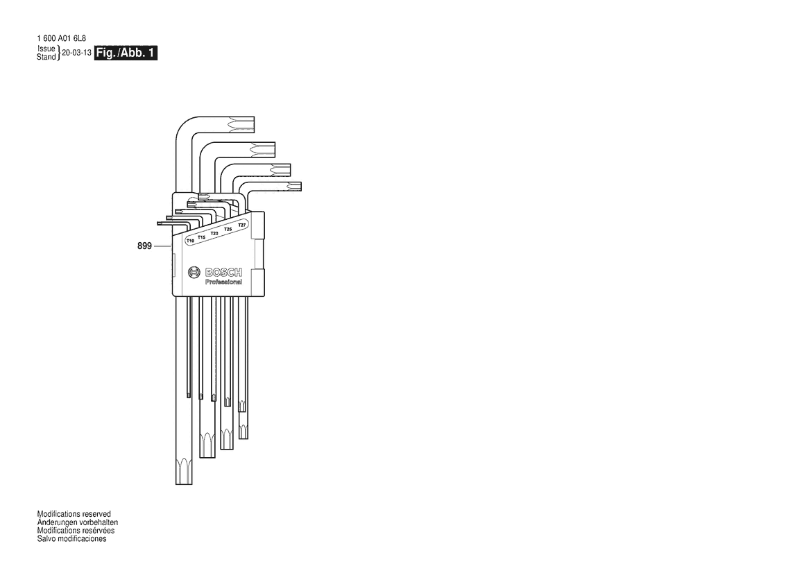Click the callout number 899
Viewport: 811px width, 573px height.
[x=144, y=246]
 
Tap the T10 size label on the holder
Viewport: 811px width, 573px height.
[x=190, y=241]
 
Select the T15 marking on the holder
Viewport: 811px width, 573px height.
[x=202, y=237]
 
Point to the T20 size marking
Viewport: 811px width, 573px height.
[x=214, y=233]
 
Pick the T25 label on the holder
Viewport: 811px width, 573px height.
[x=228, y=229]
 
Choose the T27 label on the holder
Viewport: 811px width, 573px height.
[x=241, y=225]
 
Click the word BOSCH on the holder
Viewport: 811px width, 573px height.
[x=223, y=273]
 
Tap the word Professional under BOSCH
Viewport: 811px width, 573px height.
[x=223, y=282]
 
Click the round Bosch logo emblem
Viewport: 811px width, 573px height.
[x=194, y=273]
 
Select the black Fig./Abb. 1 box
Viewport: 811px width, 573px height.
[x=126, y=53]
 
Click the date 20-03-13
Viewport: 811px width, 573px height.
[x=76, y=53]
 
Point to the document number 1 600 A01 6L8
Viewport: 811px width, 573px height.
[x=62, y=38]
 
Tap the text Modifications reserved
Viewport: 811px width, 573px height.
[x=74, y=514]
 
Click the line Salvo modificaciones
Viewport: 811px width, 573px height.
[x=72, y=538]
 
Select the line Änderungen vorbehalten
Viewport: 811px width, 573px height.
[x=78, y=522]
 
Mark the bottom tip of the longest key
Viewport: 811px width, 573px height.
[x=184, y=484]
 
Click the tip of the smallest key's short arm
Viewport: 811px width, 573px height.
[x=157, y=223]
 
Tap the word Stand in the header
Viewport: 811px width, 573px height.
[x=46, y=57]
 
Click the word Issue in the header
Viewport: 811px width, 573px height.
[x=46, y=49]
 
